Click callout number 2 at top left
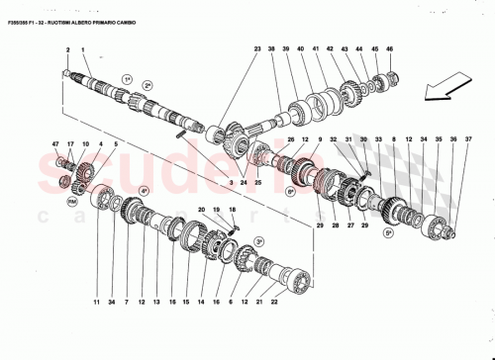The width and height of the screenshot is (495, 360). (x=67, y=49)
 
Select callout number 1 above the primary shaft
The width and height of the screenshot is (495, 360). (x=83, y=49)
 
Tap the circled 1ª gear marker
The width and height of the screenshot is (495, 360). (x=127, y=77)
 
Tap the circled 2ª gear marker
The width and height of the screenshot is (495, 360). (x=147, y=87)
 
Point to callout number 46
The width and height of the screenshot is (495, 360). (x=391, y=49)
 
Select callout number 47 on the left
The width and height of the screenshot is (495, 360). (x=57, y=144)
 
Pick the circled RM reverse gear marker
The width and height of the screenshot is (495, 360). (x=71, y=201)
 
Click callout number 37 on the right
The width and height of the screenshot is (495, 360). (x=454, y=139)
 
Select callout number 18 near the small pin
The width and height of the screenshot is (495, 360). (x=232, y=210)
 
